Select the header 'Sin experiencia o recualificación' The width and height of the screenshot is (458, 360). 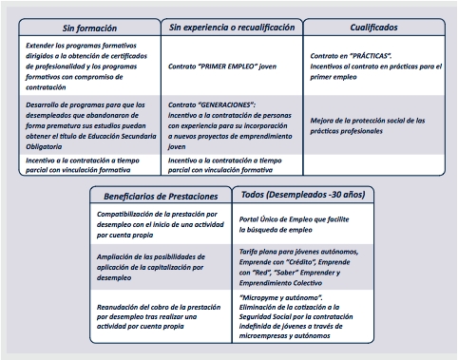coord(232,28)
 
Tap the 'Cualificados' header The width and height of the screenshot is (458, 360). coord(374,28)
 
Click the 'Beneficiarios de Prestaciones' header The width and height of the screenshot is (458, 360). coord(160,196)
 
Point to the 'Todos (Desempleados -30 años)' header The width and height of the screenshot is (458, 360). coord(298,195)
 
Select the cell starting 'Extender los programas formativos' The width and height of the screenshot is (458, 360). coord(86,63)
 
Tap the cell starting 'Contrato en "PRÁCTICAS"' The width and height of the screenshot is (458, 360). coord(374,63)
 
